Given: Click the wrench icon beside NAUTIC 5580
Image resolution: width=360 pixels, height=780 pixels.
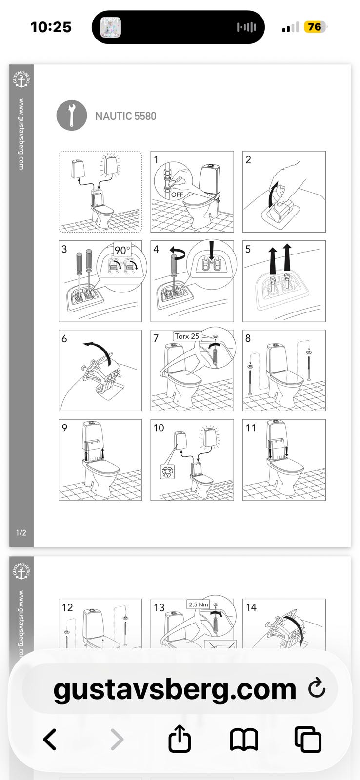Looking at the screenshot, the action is pos(72,116).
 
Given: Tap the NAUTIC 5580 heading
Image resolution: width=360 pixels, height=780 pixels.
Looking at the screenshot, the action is pos(125,116).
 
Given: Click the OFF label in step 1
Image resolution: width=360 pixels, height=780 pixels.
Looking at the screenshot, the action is pos(177,195).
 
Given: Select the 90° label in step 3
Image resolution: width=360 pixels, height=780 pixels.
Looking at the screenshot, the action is pos(122,250).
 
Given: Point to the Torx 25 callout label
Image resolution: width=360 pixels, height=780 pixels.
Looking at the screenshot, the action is pos(187,336).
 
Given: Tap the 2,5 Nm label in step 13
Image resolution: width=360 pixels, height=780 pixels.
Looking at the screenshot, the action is pos(199,604).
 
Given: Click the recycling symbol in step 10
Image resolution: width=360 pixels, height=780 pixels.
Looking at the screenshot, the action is pos(167,471).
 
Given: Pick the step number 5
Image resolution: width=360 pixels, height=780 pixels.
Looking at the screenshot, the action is pos(248,249).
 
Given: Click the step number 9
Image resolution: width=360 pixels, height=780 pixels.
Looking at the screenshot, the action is pos(64,428).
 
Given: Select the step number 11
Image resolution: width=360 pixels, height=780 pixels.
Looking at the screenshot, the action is pos(251,428).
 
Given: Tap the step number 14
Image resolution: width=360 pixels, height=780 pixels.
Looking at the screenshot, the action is pos(251,607).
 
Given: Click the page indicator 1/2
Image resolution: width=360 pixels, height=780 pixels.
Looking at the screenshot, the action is pos(21,533).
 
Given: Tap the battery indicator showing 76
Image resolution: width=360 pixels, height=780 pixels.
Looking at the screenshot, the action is pos(315,27).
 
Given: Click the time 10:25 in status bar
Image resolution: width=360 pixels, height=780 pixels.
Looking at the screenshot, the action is pos(51,27).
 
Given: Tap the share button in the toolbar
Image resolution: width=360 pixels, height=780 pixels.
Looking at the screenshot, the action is pos(180,738).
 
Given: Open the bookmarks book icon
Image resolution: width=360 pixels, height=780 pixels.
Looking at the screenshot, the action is pos(244,739).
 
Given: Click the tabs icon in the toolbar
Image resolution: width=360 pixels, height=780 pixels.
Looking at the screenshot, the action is pos(308,739).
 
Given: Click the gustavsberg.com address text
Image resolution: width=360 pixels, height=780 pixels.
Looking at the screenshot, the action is pos(175,689).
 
